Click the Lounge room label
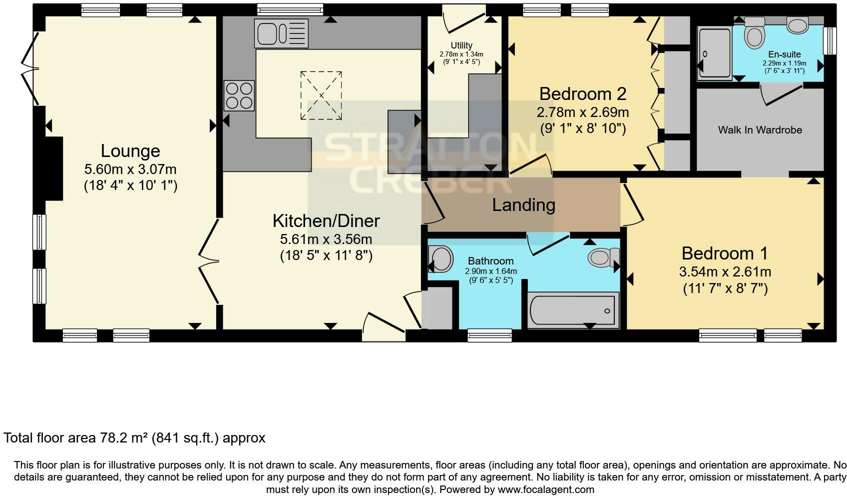[130, 151]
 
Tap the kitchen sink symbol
[281, 33]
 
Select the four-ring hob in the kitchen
[239, 95]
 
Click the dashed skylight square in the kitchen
[322, 95]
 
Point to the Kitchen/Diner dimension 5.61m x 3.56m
[326, 239]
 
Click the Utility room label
[461, 45]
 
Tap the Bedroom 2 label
[582, 93]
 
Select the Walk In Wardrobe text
[760, 130]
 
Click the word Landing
[523, 205]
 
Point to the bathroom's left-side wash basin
[440, 259]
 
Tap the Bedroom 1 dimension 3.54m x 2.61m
[725, 272]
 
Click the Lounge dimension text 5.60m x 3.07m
[130, 169]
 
